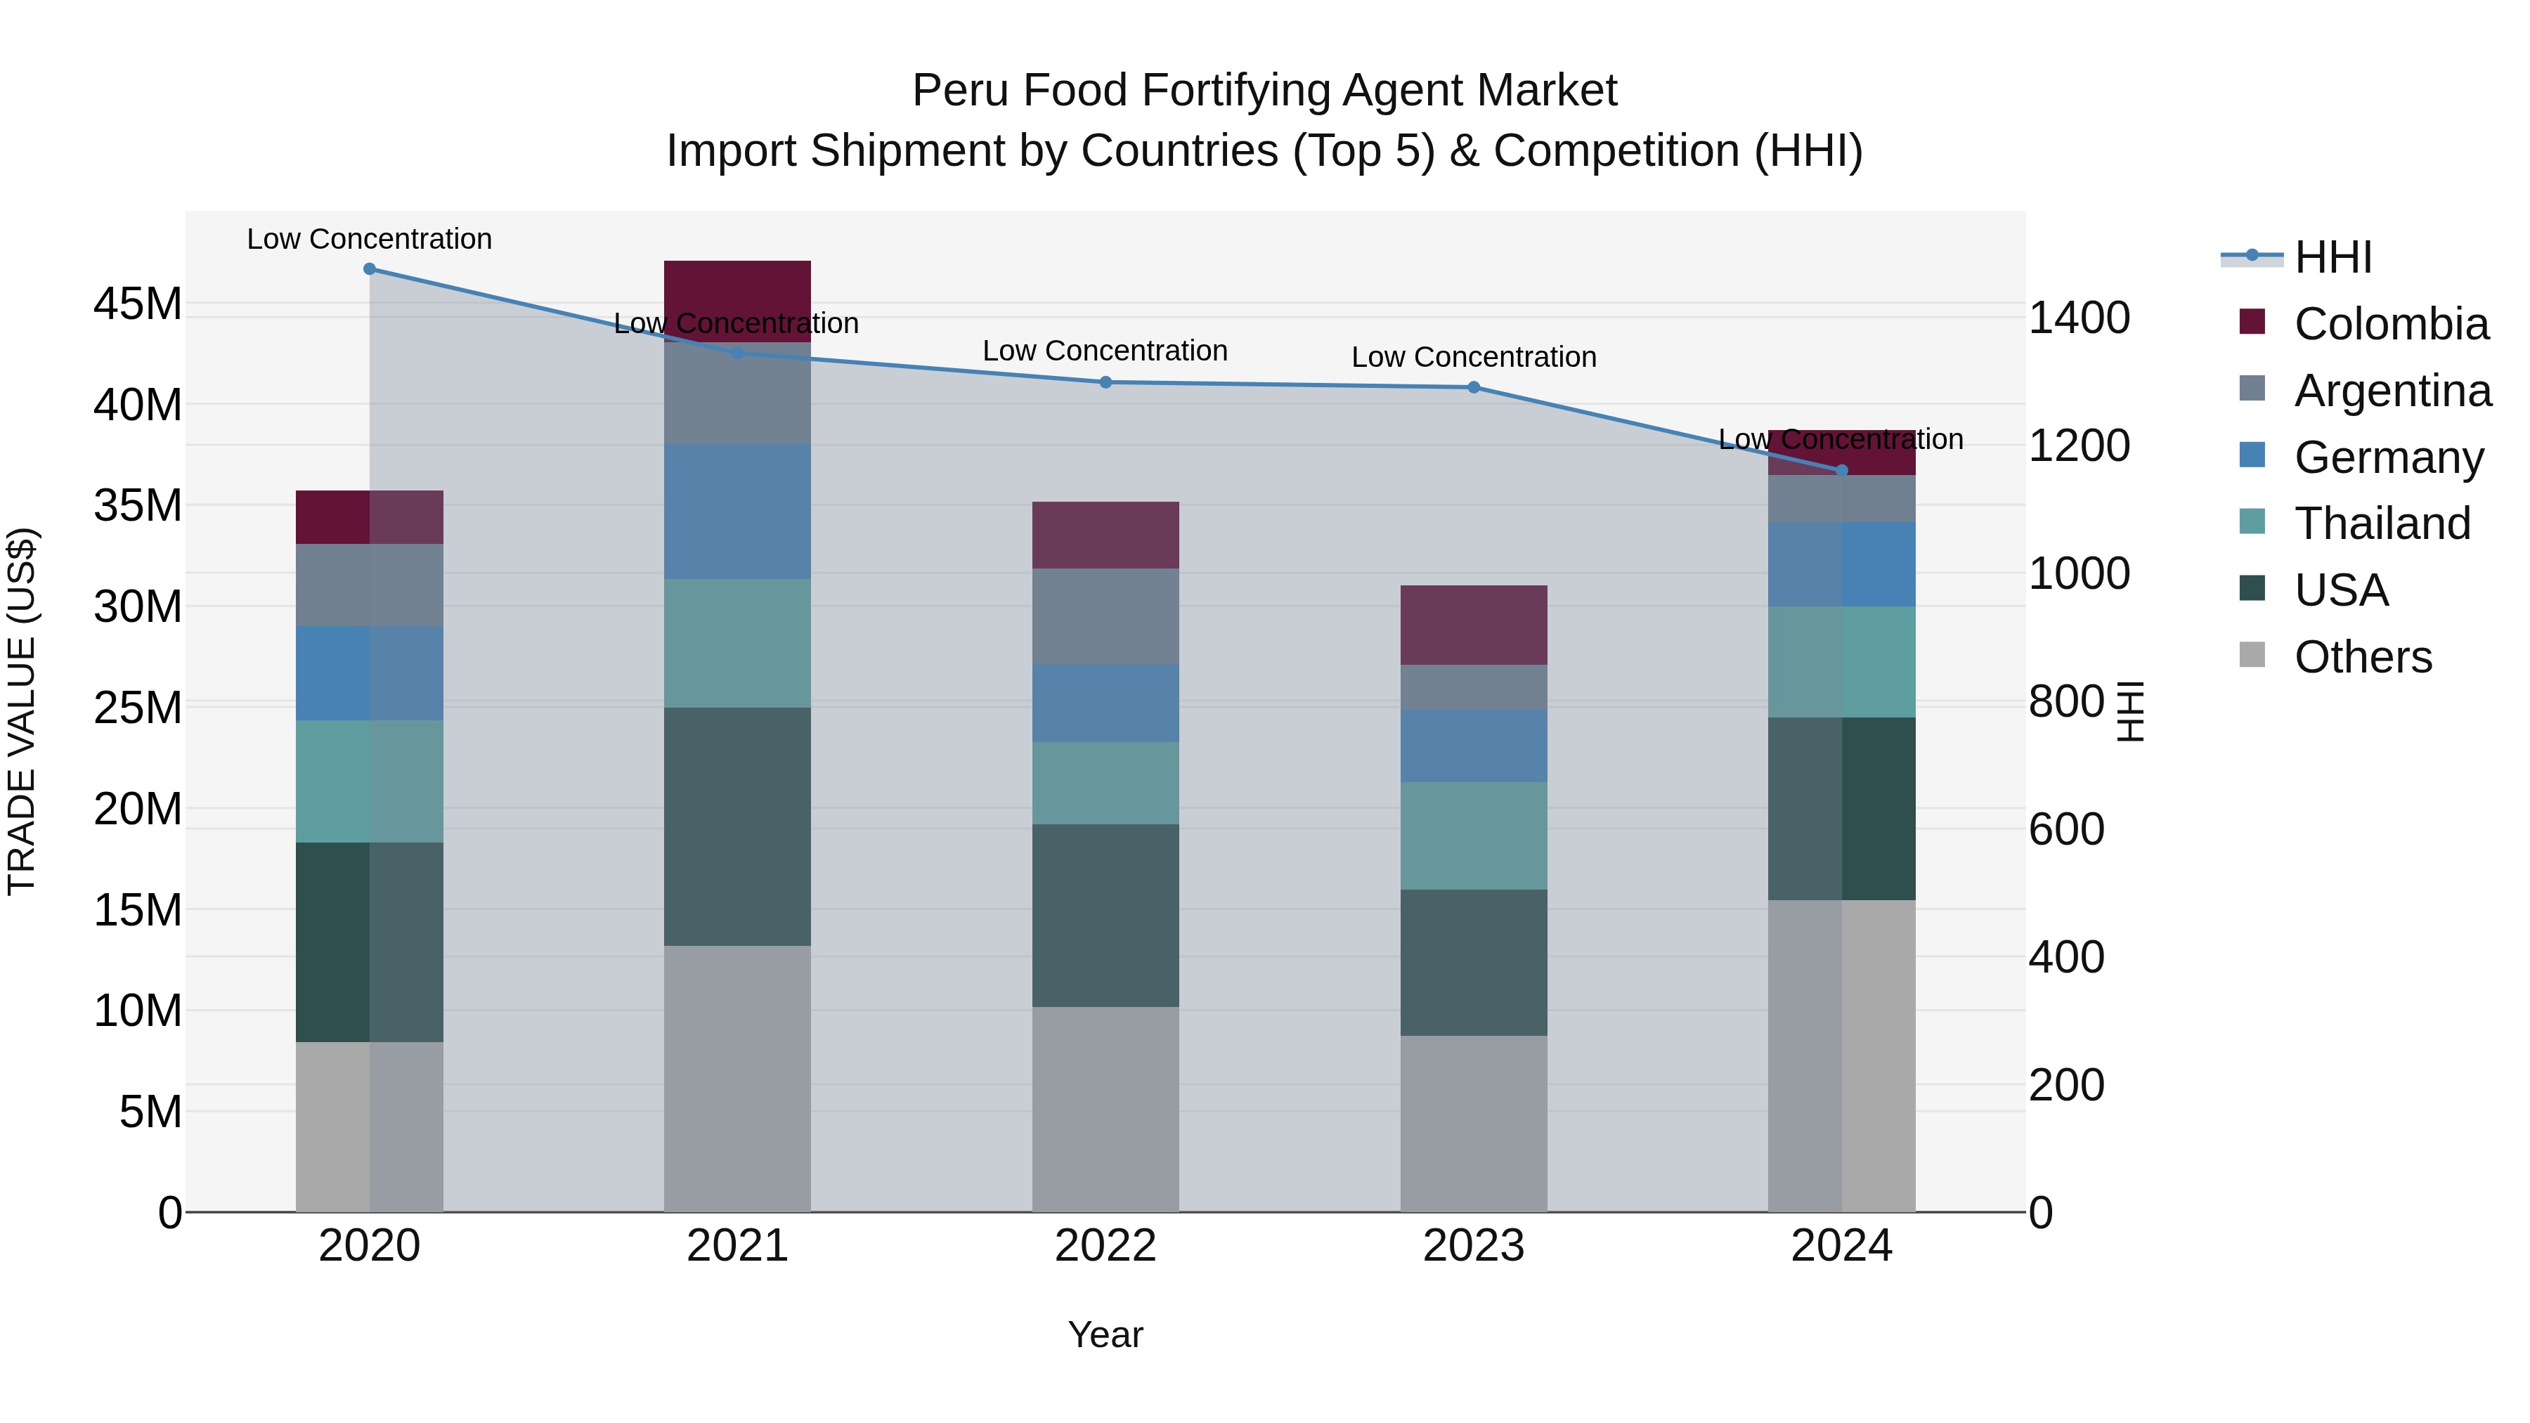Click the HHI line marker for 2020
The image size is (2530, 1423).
point(369,269)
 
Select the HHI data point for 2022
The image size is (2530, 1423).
point(1105,382)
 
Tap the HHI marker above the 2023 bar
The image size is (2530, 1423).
point(1473,388)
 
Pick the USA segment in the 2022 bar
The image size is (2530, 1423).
point(1105,915)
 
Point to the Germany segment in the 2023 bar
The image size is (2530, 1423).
point(1473,746)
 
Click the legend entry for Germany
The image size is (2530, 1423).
point(2387,457)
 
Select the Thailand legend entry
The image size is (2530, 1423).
point(2382,524)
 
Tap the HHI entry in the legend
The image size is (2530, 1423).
point(2333,257)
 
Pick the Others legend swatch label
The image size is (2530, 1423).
point(2362,657)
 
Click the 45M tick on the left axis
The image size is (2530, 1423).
point(138,304)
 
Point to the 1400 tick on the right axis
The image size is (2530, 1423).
point(2078,318)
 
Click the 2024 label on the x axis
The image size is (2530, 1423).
point(1841,1246)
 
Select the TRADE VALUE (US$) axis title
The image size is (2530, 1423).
point(22,711)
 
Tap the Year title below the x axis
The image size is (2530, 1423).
point(1105,1334)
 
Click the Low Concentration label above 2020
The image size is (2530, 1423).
point(369,239)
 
